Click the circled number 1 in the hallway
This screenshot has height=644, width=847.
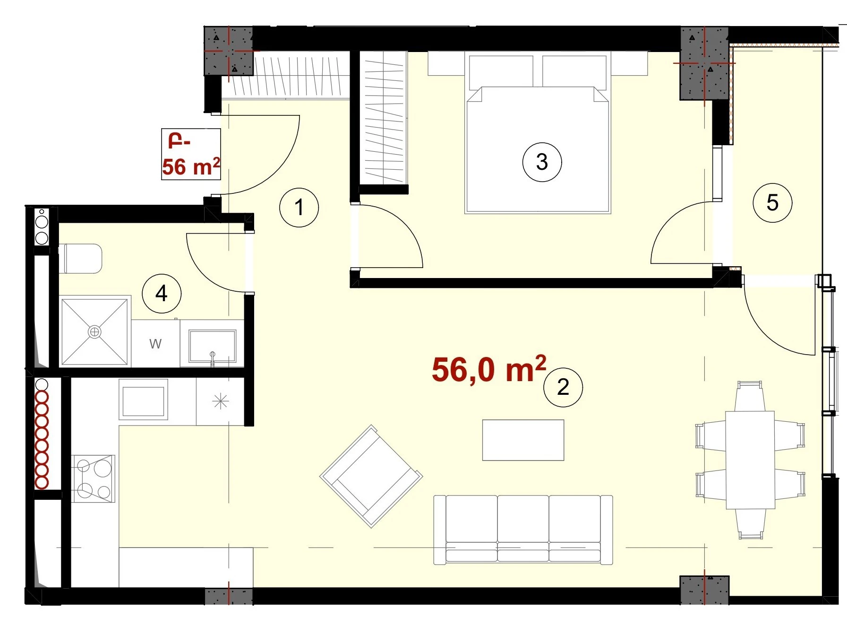[x=299, y=207]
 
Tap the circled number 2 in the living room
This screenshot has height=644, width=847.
[x=563, y=387]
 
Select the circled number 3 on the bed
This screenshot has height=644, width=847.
[x=542, y=162]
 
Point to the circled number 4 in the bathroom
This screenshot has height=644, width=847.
[x=162, y=294]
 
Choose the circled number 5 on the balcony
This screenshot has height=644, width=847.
[x=772, y=203]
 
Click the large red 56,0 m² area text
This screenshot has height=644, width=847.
[x=489, y=369]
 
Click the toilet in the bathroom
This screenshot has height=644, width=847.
[x=83, y=258]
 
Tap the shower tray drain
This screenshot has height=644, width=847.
[x=94, y=332]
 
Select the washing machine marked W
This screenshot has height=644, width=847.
[x=155, y=343]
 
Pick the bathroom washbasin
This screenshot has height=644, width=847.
[x=212, y=346]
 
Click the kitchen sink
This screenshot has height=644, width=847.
[x=143, y=400]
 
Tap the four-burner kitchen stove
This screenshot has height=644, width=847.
[x=93, y=479]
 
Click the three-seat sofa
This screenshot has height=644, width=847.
[x=523, y=530]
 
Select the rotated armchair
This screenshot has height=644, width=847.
[x=371, y=476]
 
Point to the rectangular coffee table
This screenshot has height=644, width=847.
[x=523, y=440]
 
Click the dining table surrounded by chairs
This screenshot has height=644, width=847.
[x=750, y=460]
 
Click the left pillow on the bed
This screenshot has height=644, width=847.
[x=501, y=71]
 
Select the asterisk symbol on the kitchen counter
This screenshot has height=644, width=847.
[x=221, y=402]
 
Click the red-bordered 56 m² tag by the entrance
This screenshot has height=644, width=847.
[x=191, y=154]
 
